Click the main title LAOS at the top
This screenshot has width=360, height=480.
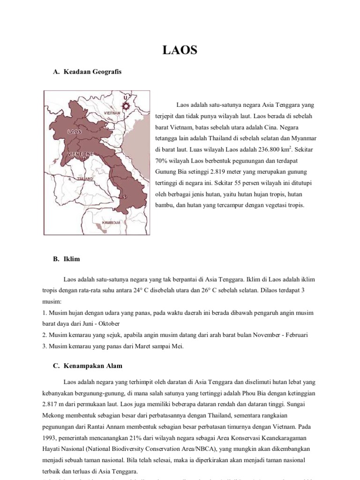(180, 50)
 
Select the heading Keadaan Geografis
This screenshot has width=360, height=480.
(91, 72)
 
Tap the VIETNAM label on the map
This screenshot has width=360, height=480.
(112, 113)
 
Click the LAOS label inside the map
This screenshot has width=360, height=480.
(75, 132)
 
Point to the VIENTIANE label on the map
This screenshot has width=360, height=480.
(80, 153)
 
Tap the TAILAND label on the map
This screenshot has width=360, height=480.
(85, 179)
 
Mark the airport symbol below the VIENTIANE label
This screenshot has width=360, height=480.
(84, 159)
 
